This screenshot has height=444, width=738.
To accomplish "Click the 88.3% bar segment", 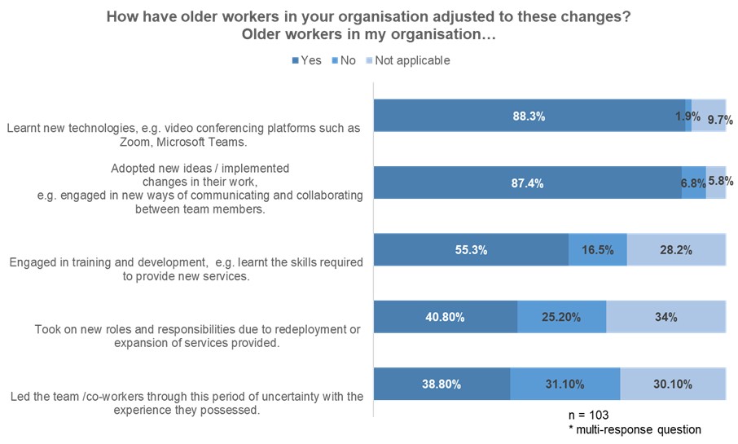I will pyautogui.click(x=529, y=116).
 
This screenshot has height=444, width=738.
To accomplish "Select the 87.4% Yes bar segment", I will pyautogui.click(x=527, y=183).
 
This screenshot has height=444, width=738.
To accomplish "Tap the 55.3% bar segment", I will pyautogui.click(x=471, y=250).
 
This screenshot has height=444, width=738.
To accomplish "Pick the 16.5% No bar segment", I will pyautogui.click(x=598, y=250).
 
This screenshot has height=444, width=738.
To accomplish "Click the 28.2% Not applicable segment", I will pyautogui.click(x=676, y=250).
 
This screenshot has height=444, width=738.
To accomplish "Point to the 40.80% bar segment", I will pyautogui.click(x=445, y=317).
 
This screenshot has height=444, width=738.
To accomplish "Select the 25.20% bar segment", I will pyautogui.click(x=561, y=317).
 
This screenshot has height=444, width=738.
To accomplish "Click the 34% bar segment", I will pyautogui.click(x=666, y=317).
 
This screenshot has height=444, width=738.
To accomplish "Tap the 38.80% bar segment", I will pyautogui.click(x=441, y=385).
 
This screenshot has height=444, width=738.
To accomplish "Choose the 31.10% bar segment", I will pyautogui.click(x=564, y=385).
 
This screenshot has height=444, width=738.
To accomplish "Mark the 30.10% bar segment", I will pyautogui.click(x=673, y=385).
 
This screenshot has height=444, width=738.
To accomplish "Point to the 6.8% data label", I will pyautogui.click(x=693, y=183).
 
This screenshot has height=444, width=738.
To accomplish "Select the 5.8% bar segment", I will pyautogui.click(x=716, y=183).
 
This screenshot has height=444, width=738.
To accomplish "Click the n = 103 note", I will pyautogui.click(x=589, y=415).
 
